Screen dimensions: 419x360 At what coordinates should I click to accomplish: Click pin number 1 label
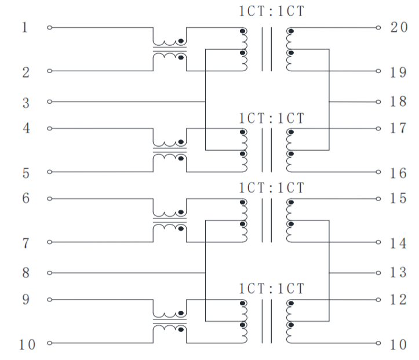click(25, 27)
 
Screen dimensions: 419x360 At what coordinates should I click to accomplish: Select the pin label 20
click(399, 27)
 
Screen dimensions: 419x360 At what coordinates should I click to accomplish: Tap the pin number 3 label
click(25, 103)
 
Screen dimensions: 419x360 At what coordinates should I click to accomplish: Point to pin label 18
click(398, 101)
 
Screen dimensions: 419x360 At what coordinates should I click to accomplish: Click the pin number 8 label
click(25, 273)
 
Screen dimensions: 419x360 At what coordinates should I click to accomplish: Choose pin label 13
click(398, 272)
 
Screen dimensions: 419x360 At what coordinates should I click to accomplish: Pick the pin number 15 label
click(398, 198)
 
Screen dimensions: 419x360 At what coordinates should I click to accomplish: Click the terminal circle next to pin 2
click(49, 71)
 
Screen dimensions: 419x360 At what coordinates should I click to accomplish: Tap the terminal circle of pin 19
click(378, 71)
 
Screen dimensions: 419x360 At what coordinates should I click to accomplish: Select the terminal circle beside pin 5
click(49, 172)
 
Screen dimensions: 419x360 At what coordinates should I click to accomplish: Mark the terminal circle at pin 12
click(378, 300)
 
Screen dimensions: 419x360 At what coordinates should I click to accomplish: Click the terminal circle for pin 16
click(378, 172)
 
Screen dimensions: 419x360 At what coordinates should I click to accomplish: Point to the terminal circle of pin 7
click(49, 242)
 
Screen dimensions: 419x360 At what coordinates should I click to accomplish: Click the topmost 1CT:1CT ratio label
click(271, 11)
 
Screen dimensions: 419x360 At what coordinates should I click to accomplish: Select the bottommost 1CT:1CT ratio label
click(271, 289)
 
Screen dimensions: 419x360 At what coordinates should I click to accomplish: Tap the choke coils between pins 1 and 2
click(170, 49)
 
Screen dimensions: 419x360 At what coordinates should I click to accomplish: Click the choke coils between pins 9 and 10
click(170, 321)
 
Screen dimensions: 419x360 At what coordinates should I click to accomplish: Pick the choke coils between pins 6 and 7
click(170, 220)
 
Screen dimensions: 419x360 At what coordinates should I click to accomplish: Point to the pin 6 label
click(25, 198)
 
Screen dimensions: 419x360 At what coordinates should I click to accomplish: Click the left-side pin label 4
click(26, 128)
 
